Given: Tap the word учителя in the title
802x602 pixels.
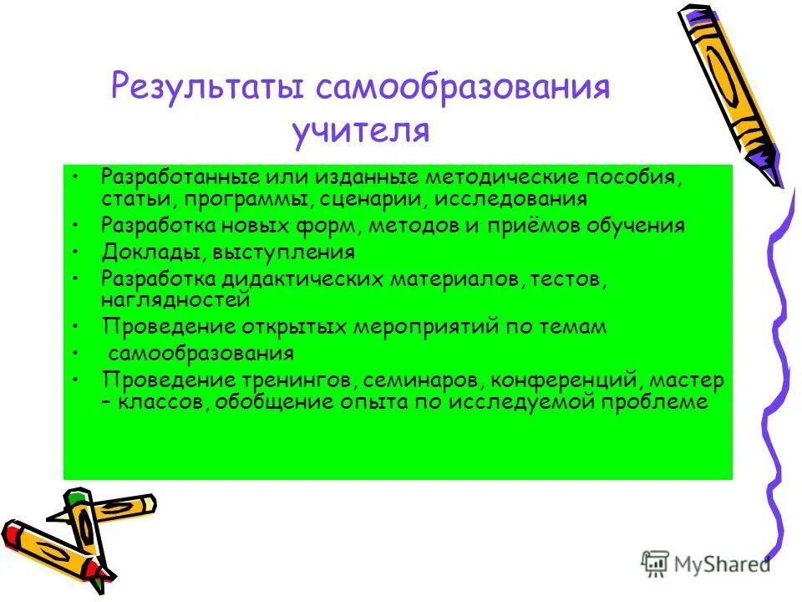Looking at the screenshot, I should point(360,130).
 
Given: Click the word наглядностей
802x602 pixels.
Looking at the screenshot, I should point(175,298).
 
